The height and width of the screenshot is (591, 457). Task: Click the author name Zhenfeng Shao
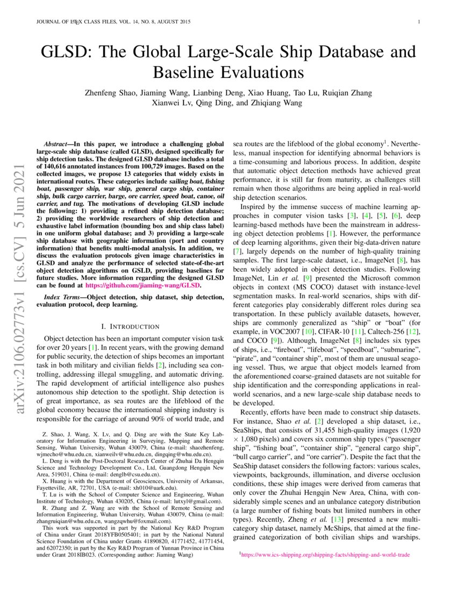[x=111, y=92]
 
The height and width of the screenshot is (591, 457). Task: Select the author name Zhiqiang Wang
[x=276, y=103]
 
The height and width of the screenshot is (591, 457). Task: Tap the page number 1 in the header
[x=418, y=22]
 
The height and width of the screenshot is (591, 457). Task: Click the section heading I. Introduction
[x=130, y=326]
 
